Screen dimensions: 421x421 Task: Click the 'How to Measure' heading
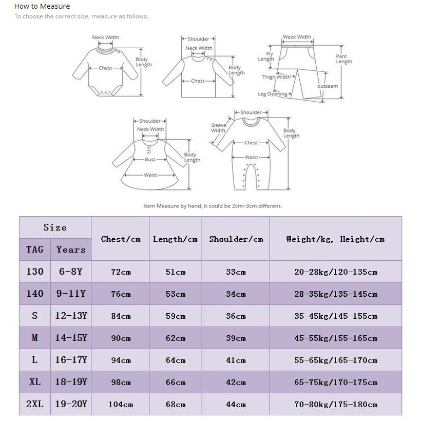point(42,6)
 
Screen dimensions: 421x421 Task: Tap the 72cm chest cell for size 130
point(121,272)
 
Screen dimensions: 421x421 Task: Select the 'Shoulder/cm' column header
point(236,239)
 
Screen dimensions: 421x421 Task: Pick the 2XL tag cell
point(35,404)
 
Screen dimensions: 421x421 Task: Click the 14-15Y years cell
point(71,338)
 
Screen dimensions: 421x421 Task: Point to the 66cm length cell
point(176,382)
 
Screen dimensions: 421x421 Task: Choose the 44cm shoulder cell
point(236,405)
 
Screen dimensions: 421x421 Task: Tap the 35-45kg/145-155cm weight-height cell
point(336,316)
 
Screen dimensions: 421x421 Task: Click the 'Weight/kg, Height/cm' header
point(335,239)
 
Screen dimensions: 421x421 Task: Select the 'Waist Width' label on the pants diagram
point(297,37)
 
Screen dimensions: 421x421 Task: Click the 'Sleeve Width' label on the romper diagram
point(218,128)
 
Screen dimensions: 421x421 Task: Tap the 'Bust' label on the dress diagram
point(150,160)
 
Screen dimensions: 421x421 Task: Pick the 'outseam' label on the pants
point(328,86)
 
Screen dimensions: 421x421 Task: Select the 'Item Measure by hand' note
point(213,206)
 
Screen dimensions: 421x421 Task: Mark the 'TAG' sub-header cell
point(35,250)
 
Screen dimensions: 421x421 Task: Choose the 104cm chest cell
point(121,405)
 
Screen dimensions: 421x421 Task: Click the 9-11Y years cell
point(71,294)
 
